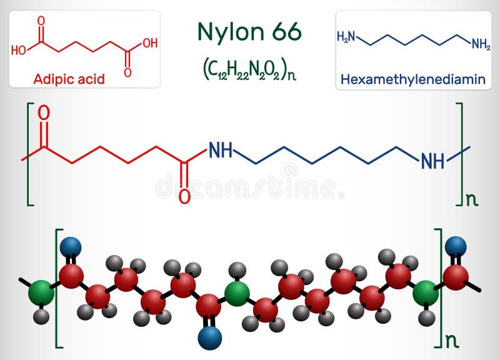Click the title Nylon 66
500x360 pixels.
click(x=249, y=31)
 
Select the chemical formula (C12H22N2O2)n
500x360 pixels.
click(x=249, y=68)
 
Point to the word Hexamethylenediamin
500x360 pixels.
click(x=413, y=79)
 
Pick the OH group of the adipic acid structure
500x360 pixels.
click(x=150, y=43)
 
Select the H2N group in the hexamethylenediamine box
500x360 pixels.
click(x=346, y=37)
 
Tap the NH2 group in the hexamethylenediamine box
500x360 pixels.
click(x=481, y=44)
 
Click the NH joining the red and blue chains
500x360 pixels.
click(x=220, y=150)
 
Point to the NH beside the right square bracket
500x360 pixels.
click(x=432, y=162)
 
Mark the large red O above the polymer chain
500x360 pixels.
click(x=44, y=113)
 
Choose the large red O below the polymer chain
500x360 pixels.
click(x=184, y=197)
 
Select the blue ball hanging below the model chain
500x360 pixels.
click(x=209, y=337)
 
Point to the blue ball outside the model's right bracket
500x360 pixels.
click(x=457, y=245)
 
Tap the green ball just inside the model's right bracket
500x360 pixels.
click(x=426, y=291)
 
